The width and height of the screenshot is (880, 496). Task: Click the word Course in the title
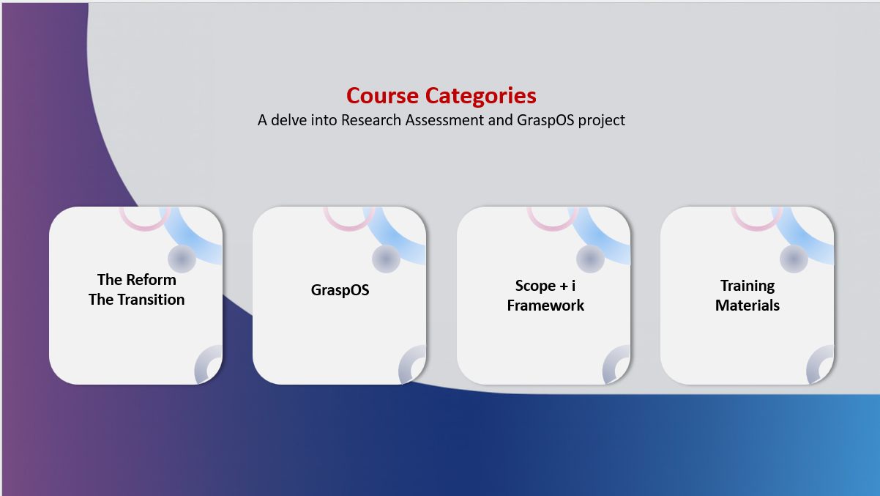coord(382,95)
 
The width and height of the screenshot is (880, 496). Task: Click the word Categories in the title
coord(480,97)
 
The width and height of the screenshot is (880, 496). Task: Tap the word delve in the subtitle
coord(288,120)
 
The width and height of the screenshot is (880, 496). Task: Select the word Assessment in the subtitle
coord(444,120)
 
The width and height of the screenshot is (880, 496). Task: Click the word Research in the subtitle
coord(371,120)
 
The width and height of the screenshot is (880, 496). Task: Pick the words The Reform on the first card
coord(137,280)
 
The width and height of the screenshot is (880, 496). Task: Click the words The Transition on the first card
coord(136,300)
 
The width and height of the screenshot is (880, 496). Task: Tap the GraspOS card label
coord(340,290)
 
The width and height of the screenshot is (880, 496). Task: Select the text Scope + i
coord(545,286)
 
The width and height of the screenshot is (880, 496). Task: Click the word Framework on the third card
coord(545,306)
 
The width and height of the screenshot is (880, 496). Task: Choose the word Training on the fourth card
coord(747,286)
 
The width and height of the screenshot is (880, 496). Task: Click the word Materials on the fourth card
coord(747,306)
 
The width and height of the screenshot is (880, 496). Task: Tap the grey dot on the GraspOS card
coord(386,259)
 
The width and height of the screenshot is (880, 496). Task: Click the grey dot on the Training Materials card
coord(794,259)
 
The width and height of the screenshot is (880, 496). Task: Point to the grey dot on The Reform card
coord(182,259)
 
